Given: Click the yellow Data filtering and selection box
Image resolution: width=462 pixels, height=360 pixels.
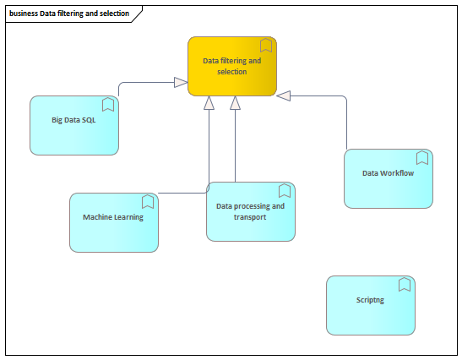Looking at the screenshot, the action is (x=232, y=67).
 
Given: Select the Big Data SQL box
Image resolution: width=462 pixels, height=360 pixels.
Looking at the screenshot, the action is (x=74, y=125).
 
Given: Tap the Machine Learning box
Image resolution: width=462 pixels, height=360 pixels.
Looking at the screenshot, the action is (x=114, y=222).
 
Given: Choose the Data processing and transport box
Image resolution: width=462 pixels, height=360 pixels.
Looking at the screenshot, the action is (x=251, y=212).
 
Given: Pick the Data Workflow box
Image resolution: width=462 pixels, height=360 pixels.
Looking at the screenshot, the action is (x=389, y=178).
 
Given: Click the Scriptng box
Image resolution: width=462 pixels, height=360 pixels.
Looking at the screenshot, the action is (x=371, y=305).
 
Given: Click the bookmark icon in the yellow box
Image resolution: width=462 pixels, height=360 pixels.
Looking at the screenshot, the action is (x=266, y=45).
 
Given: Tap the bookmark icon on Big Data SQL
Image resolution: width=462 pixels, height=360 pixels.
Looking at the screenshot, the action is (x=108, y=105).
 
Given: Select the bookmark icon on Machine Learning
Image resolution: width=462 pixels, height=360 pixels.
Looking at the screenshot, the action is (x=148, y=202).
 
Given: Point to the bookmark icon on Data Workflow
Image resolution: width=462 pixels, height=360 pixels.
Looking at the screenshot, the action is (x=422, y=158).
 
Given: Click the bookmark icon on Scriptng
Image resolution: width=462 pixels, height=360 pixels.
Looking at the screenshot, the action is (x=405, y=285).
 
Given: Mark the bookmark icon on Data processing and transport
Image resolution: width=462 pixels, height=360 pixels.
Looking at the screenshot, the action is (x=285, y=191).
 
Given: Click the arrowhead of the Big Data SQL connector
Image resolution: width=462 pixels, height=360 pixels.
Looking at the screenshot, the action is (x=181, y=82).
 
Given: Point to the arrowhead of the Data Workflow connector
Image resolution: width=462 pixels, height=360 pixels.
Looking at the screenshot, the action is (x=284, y=95).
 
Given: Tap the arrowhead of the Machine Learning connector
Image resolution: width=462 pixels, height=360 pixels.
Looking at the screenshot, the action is (x=209, y=103).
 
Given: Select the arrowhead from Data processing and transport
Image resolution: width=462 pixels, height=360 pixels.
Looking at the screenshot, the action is (x=235, y=103).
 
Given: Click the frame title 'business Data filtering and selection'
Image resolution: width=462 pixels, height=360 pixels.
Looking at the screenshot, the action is (x=69, y=14).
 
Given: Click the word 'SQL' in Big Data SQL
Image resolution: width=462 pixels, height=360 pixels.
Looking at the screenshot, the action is (x=88, y=120).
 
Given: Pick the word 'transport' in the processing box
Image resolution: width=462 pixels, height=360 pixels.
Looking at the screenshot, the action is (x=250, y=217).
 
